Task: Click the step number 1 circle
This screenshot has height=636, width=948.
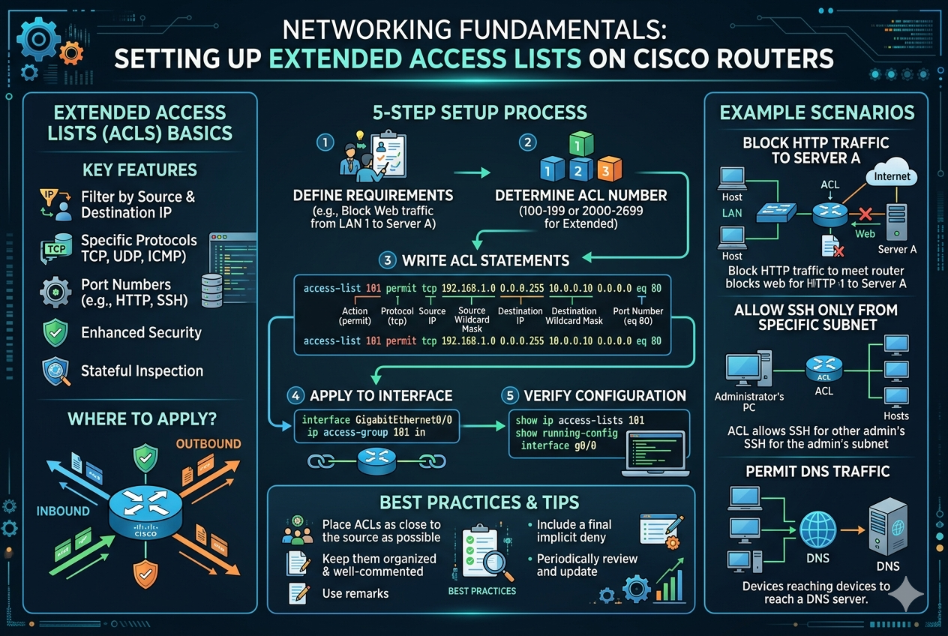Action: pos(325,142)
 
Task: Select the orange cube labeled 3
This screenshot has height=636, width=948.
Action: pos(609,169)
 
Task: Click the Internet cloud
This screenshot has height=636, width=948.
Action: pos(891,172)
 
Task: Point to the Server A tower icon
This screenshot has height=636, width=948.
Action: pos(896,223)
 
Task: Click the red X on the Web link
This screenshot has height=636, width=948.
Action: pos(865,214)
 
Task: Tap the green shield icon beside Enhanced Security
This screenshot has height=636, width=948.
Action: pos(55,332)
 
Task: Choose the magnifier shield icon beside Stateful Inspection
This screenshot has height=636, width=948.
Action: pos(55,371)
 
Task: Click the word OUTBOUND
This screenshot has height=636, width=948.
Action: pos(208,443)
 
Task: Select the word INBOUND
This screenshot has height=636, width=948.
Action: pos(63,511)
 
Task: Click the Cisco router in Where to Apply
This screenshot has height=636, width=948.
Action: pos(145,513)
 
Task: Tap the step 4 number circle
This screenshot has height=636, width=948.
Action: pos(295,396)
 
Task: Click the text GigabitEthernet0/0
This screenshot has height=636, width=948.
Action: pos(403,420)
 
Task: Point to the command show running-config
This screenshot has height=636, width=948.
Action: pos(567,433)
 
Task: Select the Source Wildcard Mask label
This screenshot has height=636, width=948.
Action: pos(472,319)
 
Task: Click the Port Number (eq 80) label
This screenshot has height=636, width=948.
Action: pos(637,316)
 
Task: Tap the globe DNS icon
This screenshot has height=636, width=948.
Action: pos(817,529)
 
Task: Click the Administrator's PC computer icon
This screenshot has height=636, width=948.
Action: pos(748,368)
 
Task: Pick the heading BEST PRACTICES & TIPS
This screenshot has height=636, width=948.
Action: pos(479,502)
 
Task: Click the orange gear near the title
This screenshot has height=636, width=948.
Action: pos(71,53)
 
